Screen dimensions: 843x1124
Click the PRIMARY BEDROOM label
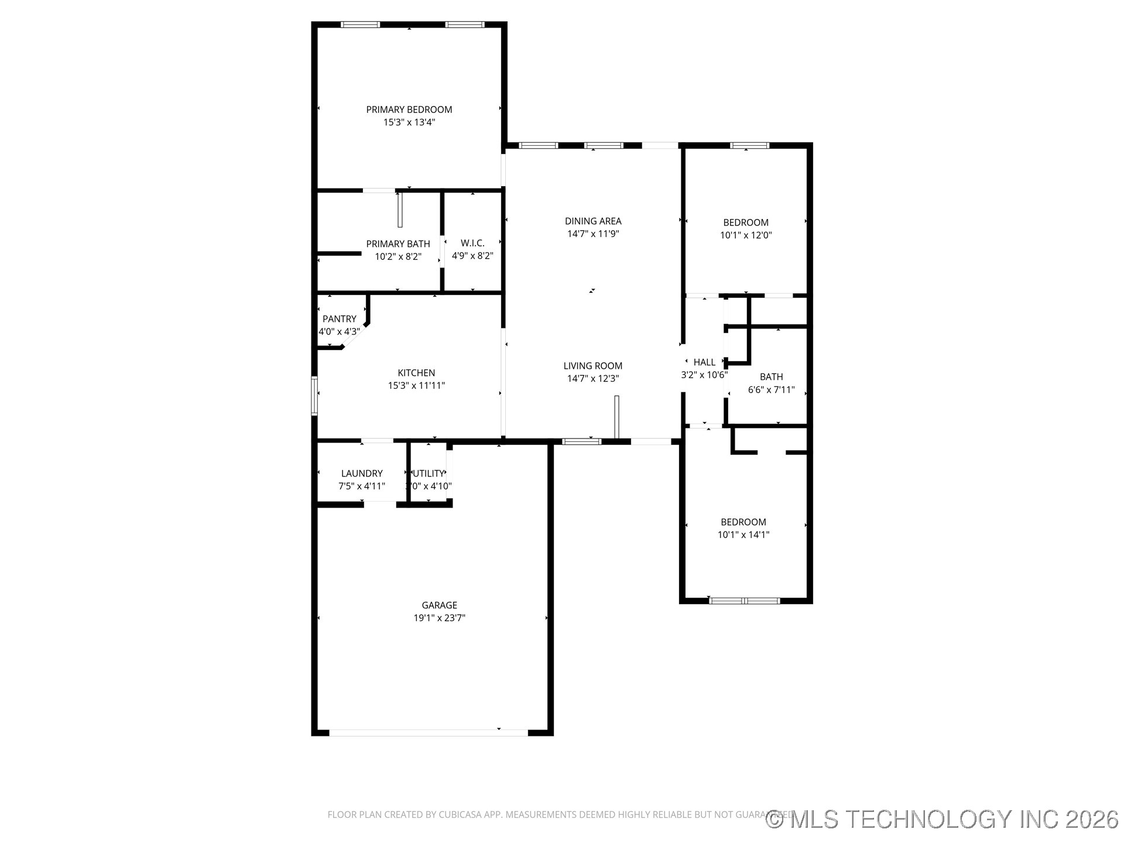409,109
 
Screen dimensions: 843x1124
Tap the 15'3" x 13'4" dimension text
409,122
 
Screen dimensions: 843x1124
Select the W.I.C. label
472,243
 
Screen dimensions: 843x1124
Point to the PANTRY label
340,319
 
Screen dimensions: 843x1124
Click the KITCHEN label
416,373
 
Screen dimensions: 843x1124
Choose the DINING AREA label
593,221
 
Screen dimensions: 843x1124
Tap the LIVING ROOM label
593,366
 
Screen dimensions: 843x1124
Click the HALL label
704,362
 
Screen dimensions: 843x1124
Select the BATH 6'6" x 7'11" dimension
771,390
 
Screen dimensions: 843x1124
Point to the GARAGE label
439,605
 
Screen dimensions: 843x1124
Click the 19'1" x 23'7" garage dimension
439,618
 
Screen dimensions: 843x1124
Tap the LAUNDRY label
362,474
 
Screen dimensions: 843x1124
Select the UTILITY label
429,474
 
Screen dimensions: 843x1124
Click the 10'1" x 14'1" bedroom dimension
743,534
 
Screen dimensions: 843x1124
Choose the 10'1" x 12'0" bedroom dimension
746,235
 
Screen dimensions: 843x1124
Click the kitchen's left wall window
314,396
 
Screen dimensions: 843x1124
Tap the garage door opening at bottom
429,732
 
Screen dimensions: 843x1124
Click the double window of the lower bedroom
744,601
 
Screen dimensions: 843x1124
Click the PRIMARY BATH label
398,244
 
